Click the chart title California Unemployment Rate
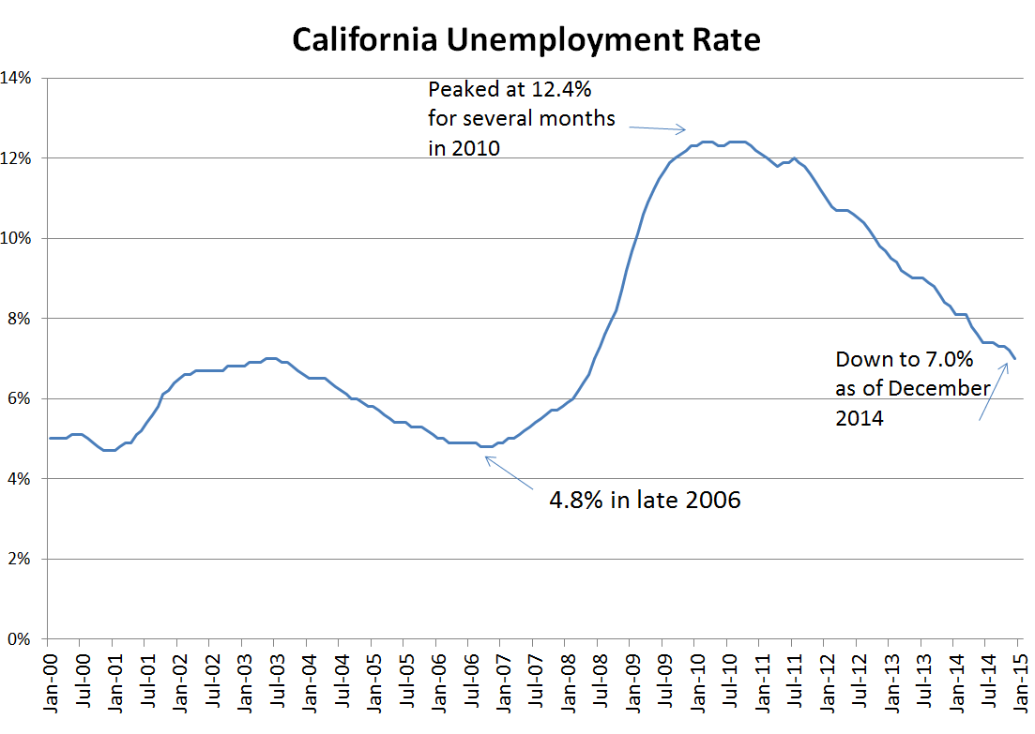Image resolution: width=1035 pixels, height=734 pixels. (525, 39)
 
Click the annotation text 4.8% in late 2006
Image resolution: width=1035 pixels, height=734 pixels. (645, 500)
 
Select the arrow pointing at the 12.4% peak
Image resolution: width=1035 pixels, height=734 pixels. (657, 128)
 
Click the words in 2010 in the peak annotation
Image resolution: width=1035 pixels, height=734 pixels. (464, 148)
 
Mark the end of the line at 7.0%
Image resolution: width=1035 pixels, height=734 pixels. (1014, 359)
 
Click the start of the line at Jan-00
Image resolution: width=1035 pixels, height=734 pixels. (49, 438)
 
